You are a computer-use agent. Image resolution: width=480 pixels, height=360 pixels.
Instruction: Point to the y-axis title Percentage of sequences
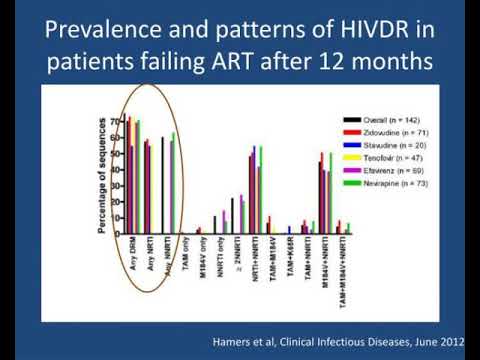(x=104, y=176)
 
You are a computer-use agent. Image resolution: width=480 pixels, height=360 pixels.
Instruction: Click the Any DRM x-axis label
(x=131, y=255)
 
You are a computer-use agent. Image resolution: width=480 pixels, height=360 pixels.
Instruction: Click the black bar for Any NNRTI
(x=162, y=185)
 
